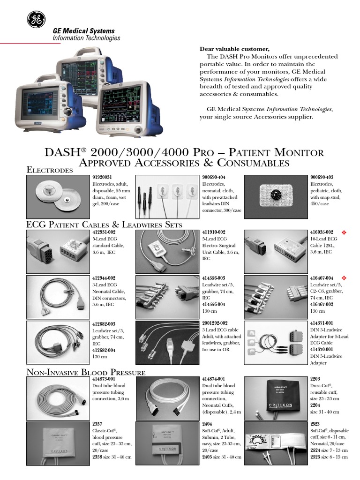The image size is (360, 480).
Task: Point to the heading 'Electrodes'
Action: [49, 170]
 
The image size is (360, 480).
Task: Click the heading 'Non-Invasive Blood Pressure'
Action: [85, 372]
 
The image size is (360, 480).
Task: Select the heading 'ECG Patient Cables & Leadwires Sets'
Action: [104, 225]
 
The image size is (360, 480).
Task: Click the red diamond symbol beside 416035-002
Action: [343, 232]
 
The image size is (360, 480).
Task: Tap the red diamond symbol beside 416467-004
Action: [343, 278]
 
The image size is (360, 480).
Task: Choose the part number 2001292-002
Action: [215, 323]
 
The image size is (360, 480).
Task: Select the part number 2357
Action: [97, 424]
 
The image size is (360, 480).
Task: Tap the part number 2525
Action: [315, 457]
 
